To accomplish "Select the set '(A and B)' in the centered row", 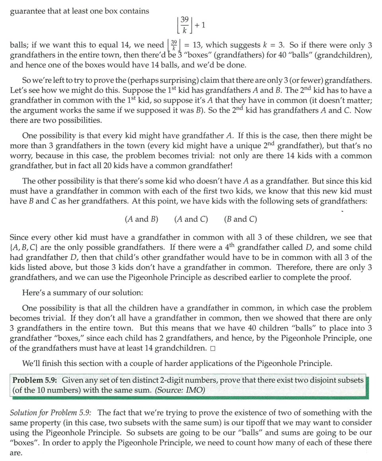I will [142, 219].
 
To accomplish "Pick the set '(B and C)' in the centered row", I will [240, 219].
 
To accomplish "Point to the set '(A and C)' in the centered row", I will [191, 219].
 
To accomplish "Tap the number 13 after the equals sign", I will [197, 45].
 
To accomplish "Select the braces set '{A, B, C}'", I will [26, 247].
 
